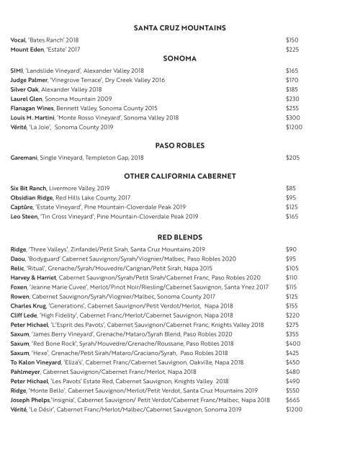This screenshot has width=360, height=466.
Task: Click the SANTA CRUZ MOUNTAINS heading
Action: tap(180, 28)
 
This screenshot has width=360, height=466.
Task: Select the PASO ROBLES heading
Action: tap(180, 145)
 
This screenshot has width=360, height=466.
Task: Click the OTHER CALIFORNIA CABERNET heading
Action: tap(180, 176)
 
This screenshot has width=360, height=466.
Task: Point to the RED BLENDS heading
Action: tap(180, 236)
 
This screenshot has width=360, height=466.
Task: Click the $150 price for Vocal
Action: tap(292, 40)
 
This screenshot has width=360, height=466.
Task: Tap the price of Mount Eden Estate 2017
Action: tap(292, 50)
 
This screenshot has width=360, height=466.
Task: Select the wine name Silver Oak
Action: tap(26, 89)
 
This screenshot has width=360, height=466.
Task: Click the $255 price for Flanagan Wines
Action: tap(292, 108)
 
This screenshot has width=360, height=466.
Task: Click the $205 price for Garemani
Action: tap(292, 157)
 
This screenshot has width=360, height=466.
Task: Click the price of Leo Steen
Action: tap(292, 216)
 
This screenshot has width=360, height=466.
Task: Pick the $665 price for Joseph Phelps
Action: tap(292, 400)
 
